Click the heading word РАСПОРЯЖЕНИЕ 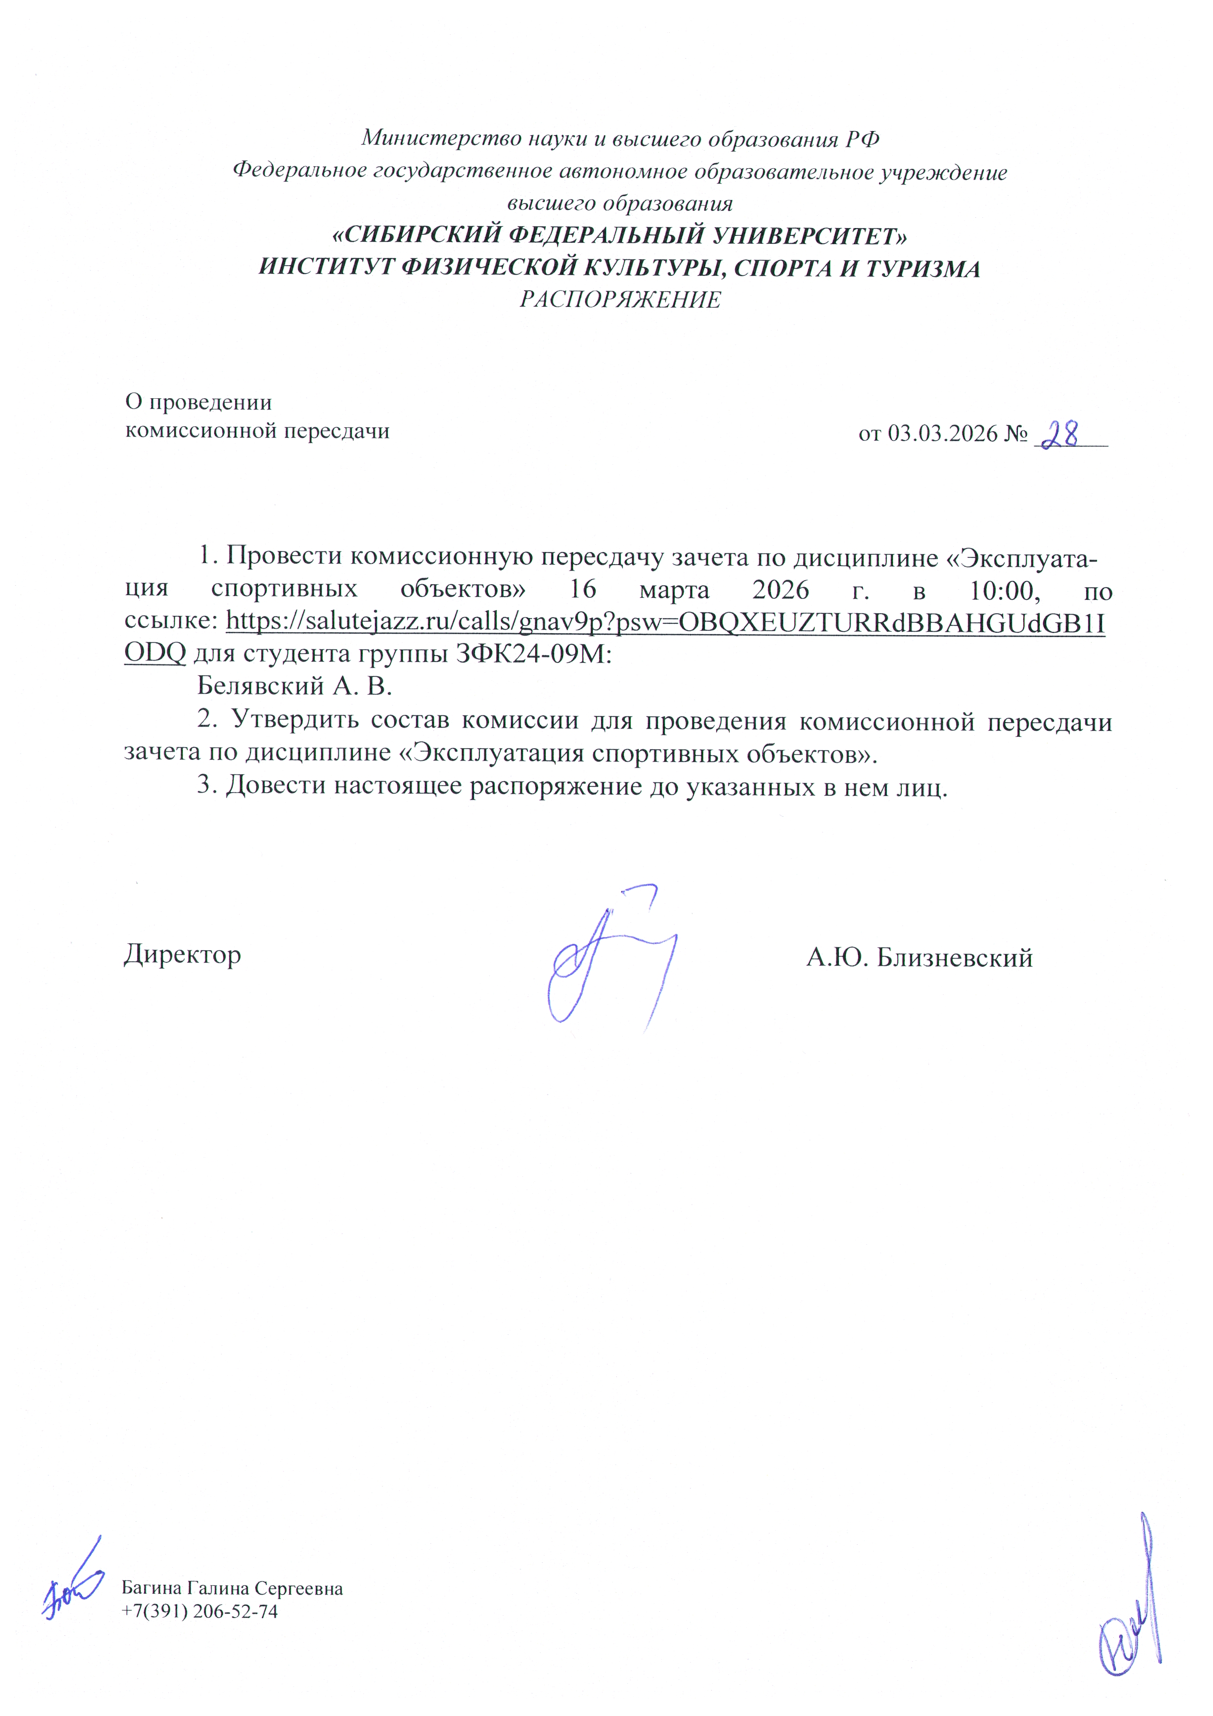tap(620, 300)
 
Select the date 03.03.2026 tap(943, 434)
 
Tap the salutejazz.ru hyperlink tap(665, 622)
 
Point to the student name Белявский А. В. tap(294, 686)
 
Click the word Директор tap(182, 955)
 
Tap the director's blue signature tap(609, 961)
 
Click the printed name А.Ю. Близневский tap(919, 958)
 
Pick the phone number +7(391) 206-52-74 tap(200, 1611)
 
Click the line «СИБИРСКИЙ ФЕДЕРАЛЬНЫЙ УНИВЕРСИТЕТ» tap(619, 236)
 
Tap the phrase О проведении tap(198, 402)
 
